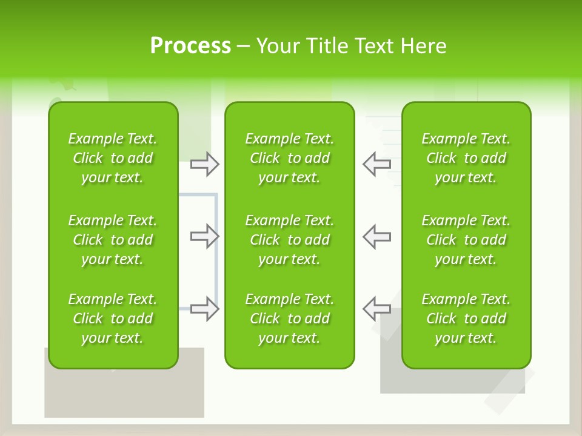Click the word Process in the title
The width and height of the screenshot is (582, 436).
pyautogui.click(x=190, y=46)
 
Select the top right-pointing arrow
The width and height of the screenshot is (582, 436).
pyautogui.click(x=204, y=164)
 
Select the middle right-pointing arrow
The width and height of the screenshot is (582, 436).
pyautogui.click(x=204, y=236)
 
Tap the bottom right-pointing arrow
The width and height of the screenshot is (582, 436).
pyautogui.click(x=204, y=309)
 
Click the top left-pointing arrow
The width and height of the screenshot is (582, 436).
pyautogui.click(x=376, y=164)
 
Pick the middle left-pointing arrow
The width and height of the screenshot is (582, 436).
pyautogui.click(x=376, y=236)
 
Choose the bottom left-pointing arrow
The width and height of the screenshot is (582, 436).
pyautogui.click(x=376, y=309)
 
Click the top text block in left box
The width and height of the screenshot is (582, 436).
pyautogui.click(x=113, y=158)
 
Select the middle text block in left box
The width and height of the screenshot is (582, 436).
pyautogui.click(x=113, y=240)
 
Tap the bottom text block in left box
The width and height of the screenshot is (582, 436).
pyautogui.click(x=113, y=319)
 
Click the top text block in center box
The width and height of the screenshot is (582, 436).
pyautogui.click(x=289, y=158)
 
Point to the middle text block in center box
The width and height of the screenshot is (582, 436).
pyautogui.click(x=289, y=240)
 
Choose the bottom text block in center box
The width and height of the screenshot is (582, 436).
pyautogui.click(x=289, y=319)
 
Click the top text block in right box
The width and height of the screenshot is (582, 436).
pyautogui.click(x=466, y=158)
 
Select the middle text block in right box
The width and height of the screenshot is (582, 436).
pyautogui.click(x=466, y=240)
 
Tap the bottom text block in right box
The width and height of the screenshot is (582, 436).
pyautogui.click(x=466, y=319)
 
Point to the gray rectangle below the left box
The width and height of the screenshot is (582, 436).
pyautogui.click(x=124, y=394)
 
